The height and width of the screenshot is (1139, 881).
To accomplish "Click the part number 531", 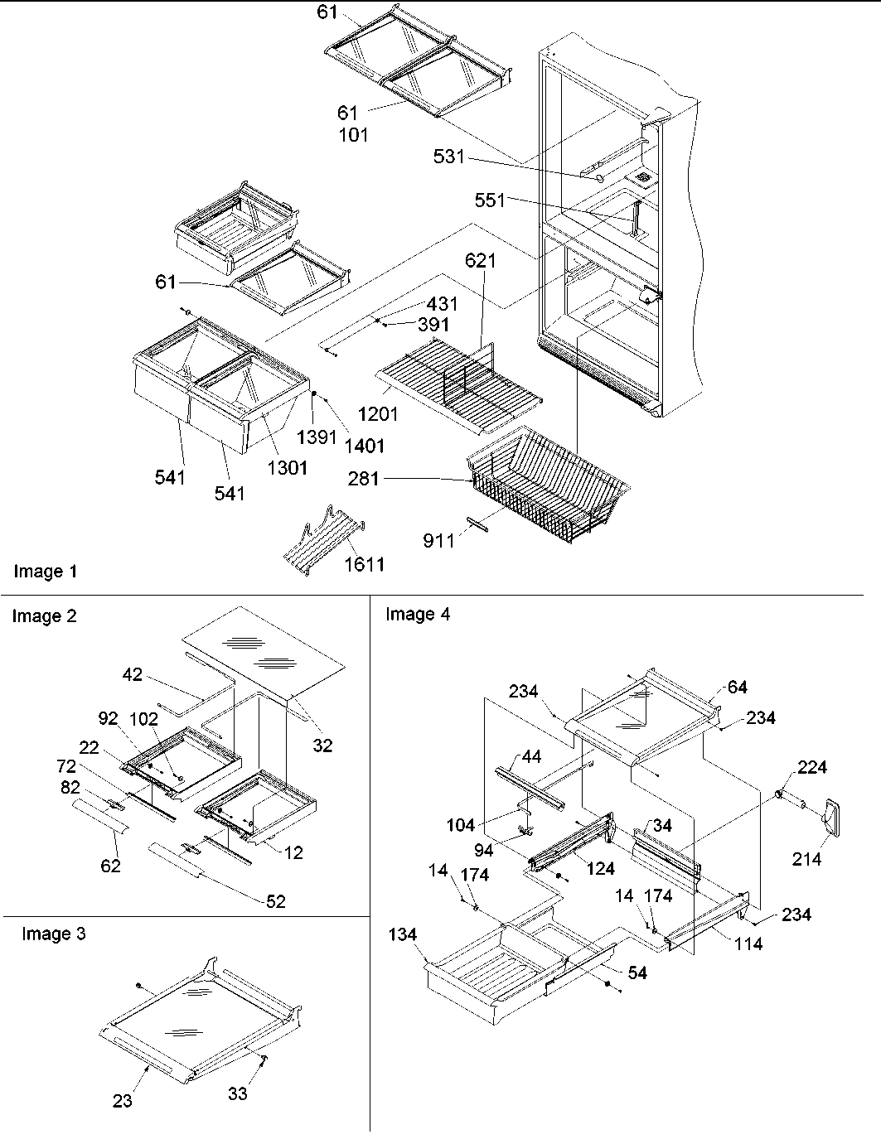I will coord(449,156).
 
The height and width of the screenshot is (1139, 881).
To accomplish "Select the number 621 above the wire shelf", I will coord(481,261).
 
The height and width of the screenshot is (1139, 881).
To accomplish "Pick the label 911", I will coord(438,541).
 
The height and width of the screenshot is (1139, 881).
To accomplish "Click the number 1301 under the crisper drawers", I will coord(287,468).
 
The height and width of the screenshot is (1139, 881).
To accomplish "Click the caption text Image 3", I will coord(53,934).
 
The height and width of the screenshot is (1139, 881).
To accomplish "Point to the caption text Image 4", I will coord(419,615).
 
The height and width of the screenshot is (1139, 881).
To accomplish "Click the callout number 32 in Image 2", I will coord(322,746).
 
